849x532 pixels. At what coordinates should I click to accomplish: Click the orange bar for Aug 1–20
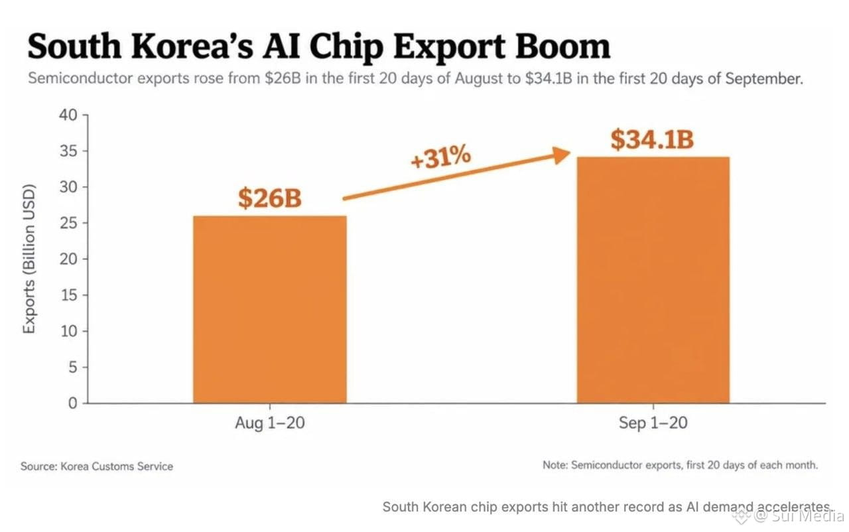270,309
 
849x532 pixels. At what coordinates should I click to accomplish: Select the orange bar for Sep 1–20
653,280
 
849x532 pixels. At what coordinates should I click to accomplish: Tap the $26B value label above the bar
270,198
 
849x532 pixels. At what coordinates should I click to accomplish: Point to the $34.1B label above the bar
652,139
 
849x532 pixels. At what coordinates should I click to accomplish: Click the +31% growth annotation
441,157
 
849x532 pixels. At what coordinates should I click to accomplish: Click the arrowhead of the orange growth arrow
562,155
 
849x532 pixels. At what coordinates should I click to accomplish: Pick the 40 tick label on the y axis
68,115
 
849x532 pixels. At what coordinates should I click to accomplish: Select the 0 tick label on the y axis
73,403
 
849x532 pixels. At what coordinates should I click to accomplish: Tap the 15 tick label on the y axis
69,295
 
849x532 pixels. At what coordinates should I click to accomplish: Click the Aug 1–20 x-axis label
270,423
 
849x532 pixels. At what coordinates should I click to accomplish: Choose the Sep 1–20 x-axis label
653,423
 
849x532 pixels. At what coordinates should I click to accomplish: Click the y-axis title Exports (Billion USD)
29,259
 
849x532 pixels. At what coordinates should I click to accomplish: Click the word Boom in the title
562,46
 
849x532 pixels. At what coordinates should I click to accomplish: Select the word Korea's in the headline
192,46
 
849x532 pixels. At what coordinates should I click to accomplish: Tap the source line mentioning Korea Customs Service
97,466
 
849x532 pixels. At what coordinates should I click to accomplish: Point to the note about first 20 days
681,465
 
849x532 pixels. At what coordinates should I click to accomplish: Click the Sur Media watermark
800,516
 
